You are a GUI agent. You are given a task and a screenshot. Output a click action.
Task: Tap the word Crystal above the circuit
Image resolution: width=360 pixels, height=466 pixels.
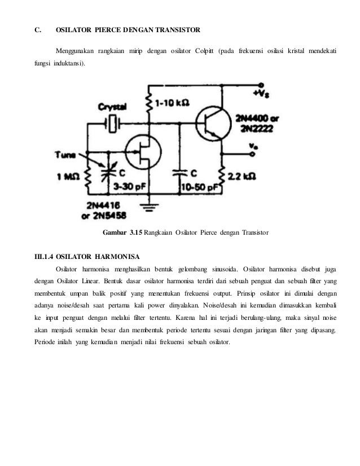pyautogui.click(x=113, y=106)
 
